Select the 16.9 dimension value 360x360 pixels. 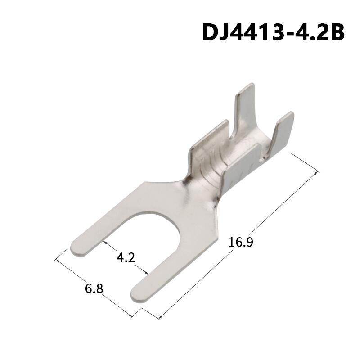[241, 243]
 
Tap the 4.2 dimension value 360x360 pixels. [126, 257]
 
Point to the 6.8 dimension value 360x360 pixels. [94, 288]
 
